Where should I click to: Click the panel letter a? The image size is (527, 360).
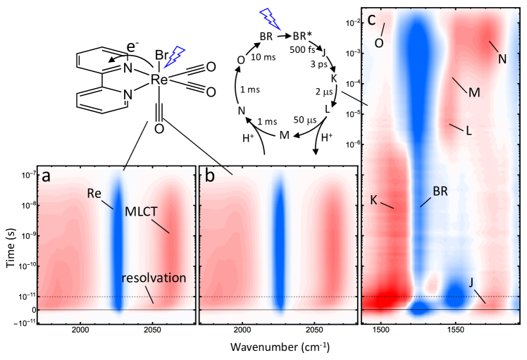tap(46, 177)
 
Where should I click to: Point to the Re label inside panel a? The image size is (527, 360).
tap(95, 192)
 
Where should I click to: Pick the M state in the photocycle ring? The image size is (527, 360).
tap(285, 134)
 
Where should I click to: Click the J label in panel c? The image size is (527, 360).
tap(469, 282)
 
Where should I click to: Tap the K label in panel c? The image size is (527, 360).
tap(373, 200)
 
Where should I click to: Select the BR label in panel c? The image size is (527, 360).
tap(440, 190)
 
